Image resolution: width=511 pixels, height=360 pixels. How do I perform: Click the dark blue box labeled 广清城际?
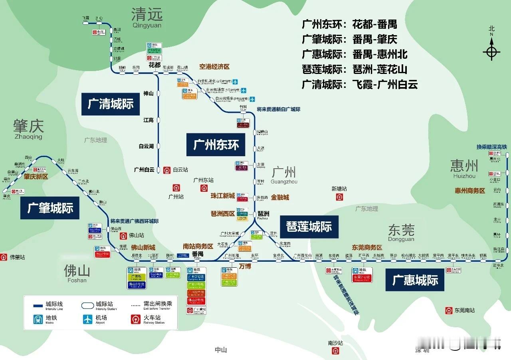(x=111, y=104)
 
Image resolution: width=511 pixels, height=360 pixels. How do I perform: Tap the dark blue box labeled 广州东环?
(x=216, y=145)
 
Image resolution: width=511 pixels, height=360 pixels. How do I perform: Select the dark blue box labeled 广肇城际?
(x=50, y=208)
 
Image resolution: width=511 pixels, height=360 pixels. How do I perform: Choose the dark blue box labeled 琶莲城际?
(x=309, y=227)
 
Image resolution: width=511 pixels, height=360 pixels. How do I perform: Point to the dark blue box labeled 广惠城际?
(x=415, y=280)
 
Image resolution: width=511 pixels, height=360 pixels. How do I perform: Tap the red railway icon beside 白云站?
(x=167, y=170)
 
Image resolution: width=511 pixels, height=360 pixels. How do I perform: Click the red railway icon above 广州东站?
(x=204, y=188)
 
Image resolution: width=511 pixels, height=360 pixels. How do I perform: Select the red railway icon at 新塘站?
(x=339, y=197)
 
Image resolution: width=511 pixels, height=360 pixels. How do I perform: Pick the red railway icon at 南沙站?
(x=336, y=350)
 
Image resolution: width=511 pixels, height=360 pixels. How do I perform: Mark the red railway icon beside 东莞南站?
(x=449, y=310)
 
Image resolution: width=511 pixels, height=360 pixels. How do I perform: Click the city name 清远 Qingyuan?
(x=147, y=18)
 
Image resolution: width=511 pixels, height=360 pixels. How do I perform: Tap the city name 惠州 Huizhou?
(x=464, y=168)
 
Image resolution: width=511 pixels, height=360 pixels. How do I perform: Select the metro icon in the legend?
(x=38, y=319)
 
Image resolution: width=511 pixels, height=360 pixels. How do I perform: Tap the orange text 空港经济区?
(x=214, y=67)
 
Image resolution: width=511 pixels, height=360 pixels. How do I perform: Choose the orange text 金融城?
(x=280, y=197)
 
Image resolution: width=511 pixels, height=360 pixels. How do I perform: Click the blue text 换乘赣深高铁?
(x=491, y=147)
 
